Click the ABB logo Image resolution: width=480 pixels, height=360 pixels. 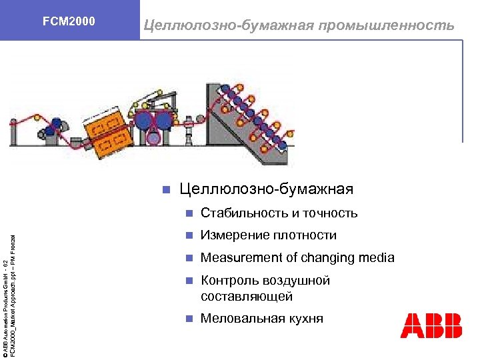(x=431, y=325)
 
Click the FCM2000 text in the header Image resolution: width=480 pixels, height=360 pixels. (x=69, y=21)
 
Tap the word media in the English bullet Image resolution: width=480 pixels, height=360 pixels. (x=377, y=257)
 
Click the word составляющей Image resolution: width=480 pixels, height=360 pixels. (x=247, y=296)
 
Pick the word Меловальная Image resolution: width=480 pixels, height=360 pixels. (x=240, y=318)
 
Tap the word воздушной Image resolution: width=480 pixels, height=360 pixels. (x=298, y=281)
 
